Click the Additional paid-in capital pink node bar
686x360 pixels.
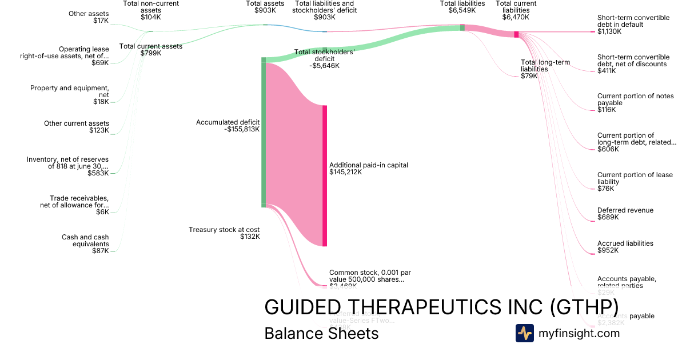(325, 175)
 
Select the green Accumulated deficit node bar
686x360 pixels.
(264, 132)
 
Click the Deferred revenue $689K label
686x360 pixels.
(625, 214)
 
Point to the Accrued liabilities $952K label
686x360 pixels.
(625, 247)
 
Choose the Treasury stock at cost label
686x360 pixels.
(224, 233)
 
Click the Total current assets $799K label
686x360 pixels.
(151, 50)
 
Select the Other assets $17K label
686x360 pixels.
(88, 17)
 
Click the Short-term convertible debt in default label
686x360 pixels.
(633, 25)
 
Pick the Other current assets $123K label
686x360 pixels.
(77, 127)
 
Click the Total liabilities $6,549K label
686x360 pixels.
(462, 7)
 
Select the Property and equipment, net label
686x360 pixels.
(69, 94)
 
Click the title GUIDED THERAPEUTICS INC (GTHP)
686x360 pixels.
(441, 307)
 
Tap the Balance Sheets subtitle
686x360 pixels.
(321, 333)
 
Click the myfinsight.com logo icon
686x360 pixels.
(524, 333)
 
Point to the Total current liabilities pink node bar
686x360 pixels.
(516, 34)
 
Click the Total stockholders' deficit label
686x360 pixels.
(324, 58)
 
